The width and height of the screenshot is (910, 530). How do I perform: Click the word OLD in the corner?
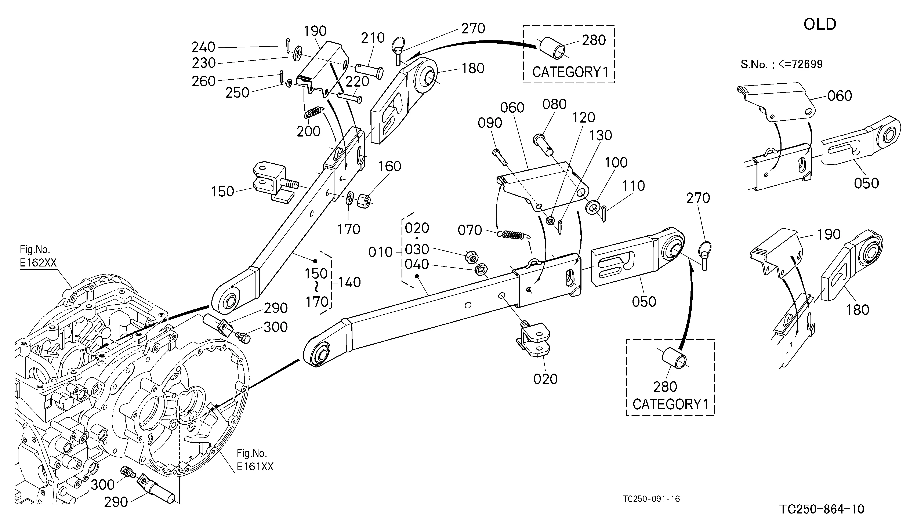820,25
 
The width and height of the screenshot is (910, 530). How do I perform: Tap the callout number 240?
203,47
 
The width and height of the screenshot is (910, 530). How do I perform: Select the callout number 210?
373,38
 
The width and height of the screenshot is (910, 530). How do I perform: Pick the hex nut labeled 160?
364,201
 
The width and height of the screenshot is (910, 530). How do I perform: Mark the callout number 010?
380,252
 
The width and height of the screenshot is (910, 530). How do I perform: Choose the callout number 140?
349,282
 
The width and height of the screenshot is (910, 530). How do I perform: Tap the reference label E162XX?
38,262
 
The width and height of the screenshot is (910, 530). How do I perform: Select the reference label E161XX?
255,467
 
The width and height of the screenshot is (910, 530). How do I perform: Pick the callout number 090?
490,123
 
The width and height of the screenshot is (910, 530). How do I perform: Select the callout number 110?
633,186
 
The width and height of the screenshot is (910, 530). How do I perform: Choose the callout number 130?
601,135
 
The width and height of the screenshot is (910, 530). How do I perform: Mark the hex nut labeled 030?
471,257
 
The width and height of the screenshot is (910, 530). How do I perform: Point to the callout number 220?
357,81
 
